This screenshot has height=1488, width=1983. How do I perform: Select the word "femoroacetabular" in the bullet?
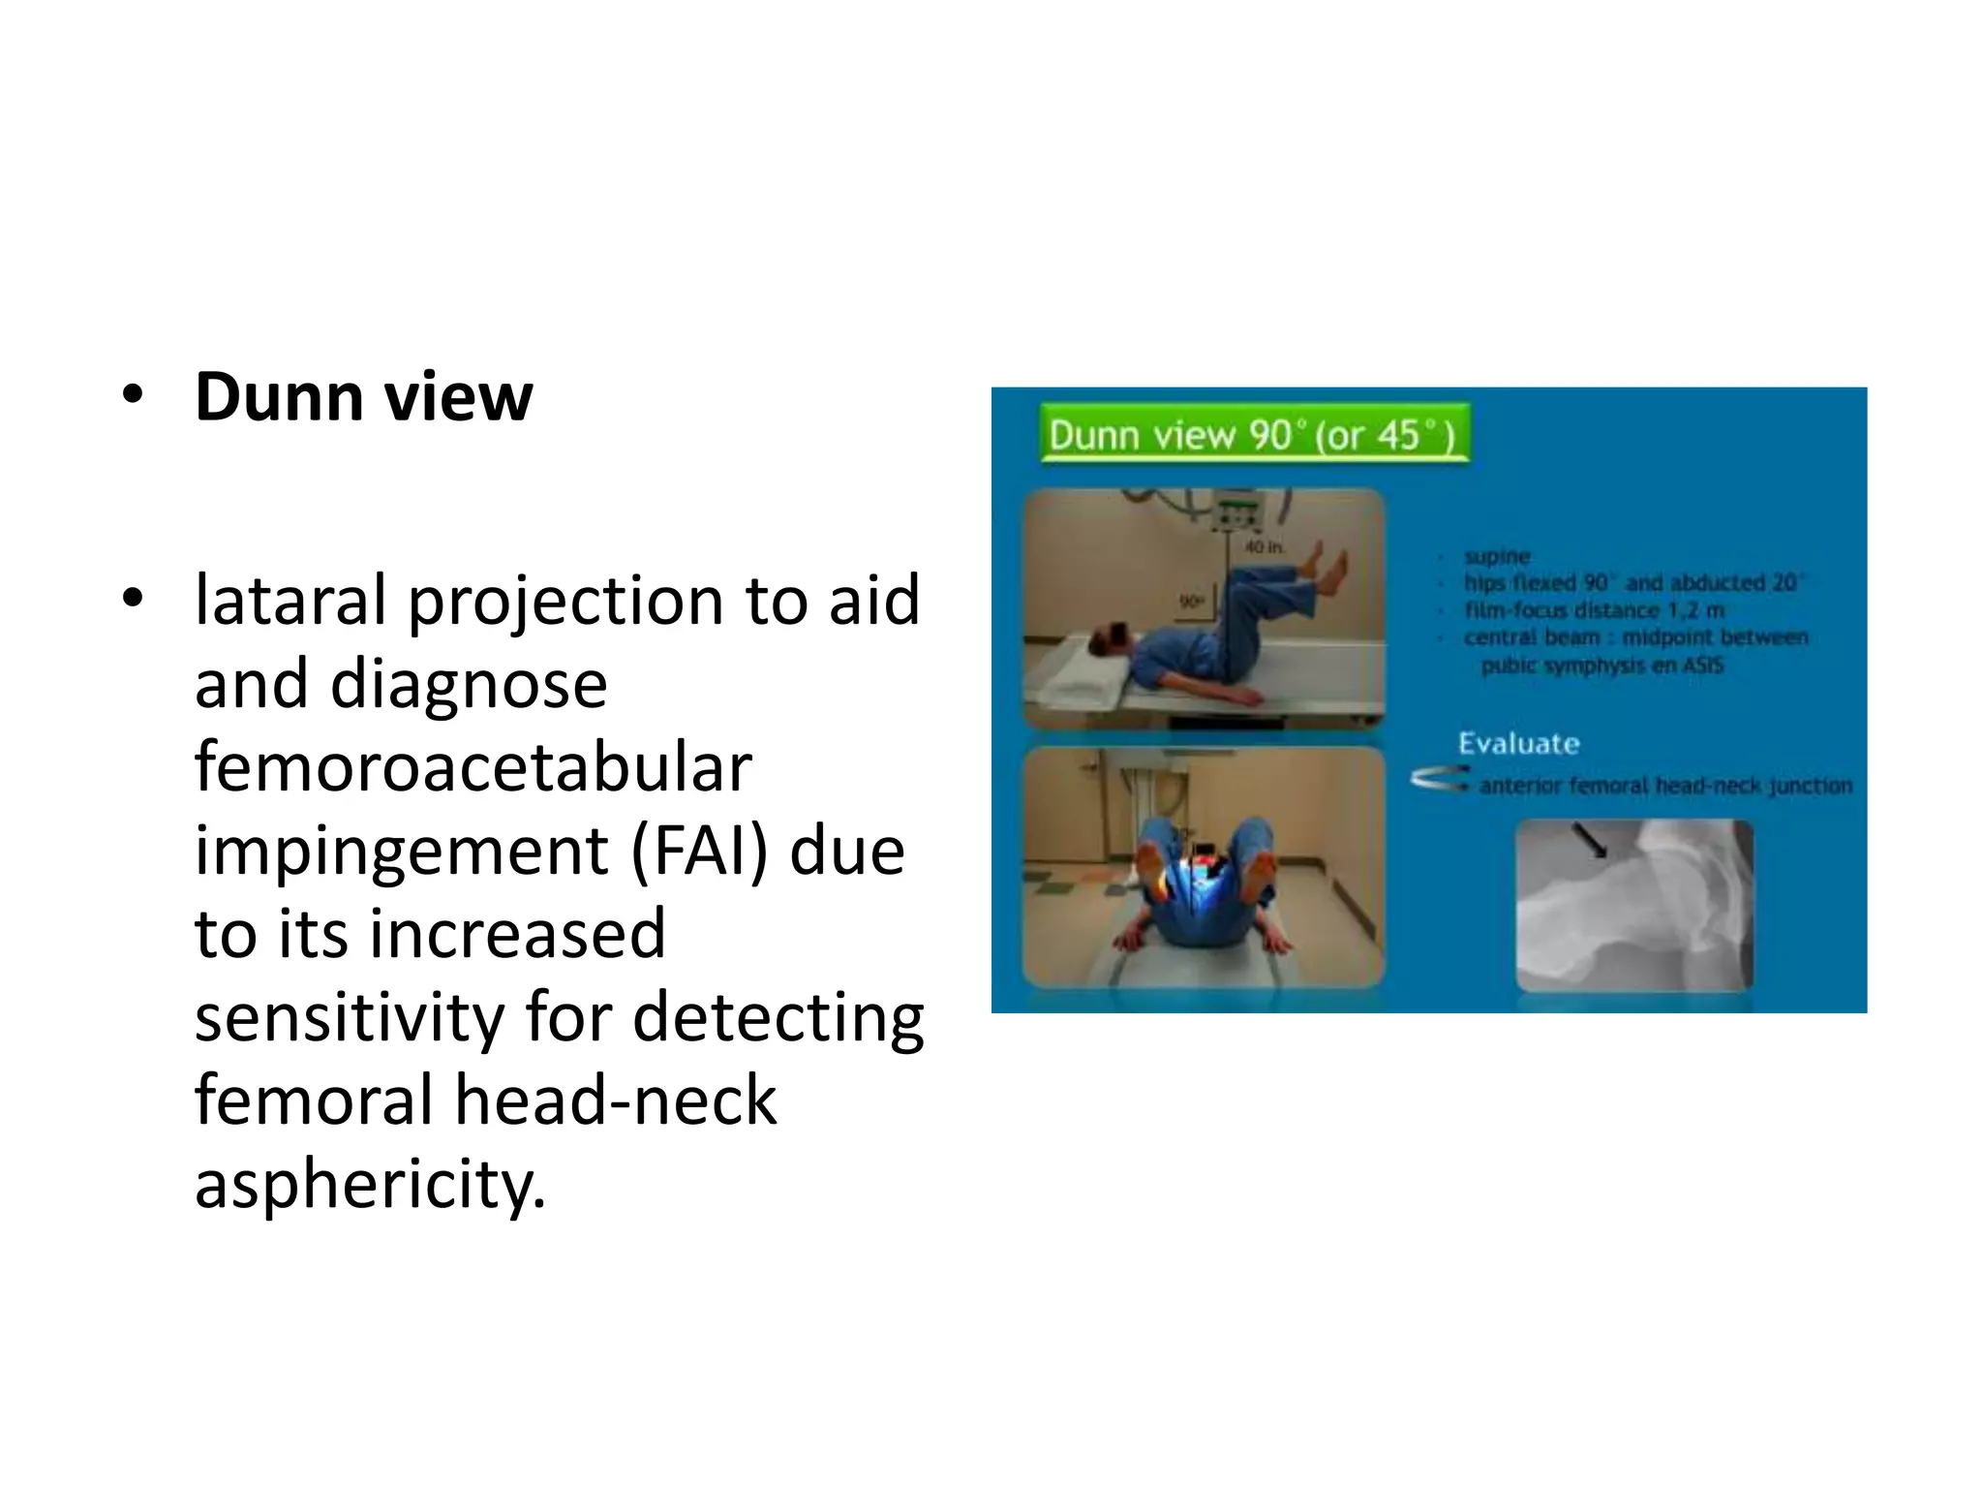coord(473,767)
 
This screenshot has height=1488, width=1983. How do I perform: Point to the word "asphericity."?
coord(370,1184)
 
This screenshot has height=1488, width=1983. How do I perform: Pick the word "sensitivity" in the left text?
coord(349,1017)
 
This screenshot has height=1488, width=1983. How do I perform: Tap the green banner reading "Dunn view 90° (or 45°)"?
coord(1253,435)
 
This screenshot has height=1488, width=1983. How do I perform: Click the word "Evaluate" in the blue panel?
coord(1518,744)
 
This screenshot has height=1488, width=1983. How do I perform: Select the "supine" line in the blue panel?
coord(1497,556)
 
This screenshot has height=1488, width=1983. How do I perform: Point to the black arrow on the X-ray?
coord(1590,840)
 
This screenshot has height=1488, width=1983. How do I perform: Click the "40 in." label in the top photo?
coord(1265,547)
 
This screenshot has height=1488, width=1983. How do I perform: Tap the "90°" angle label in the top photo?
coord(1191,602)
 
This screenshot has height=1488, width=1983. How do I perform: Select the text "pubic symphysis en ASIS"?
coord(1602,666)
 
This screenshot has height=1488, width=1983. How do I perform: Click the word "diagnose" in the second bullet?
coord(469,684)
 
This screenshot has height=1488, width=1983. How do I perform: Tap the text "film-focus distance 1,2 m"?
coord(1594,610)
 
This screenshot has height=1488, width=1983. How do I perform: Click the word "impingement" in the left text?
coord(402,851)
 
